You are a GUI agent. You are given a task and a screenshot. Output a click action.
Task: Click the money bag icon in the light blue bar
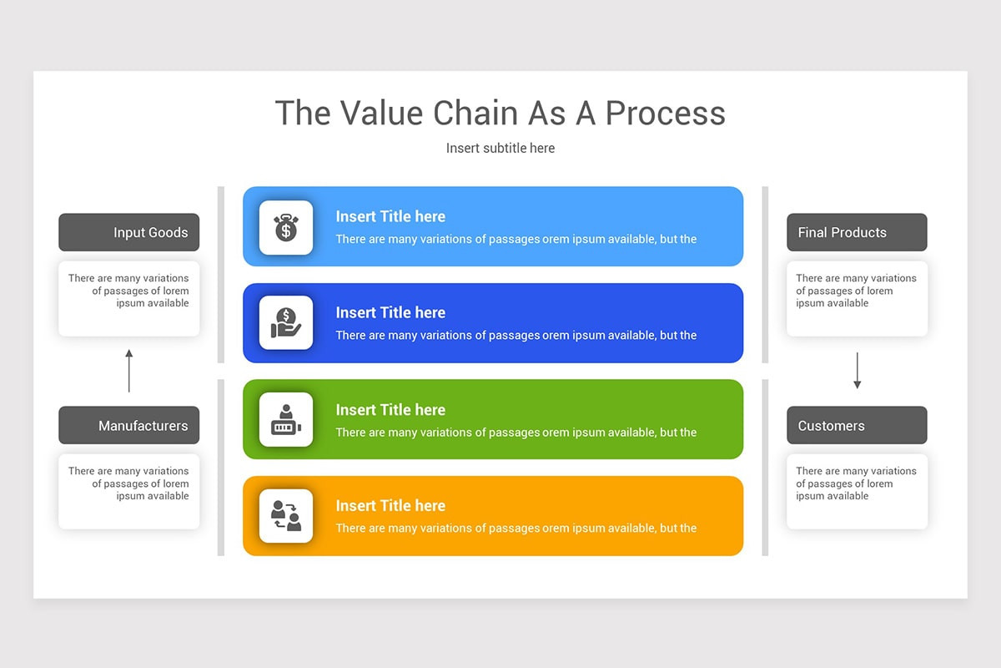pyautogui.click(x=286, y=227)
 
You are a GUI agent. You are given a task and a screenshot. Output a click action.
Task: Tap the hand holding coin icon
pyautogui.click(x=286, y=323)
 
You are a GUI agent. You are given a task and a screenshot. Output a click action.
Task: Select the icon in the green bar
pyautogui.click(x=286, y=419)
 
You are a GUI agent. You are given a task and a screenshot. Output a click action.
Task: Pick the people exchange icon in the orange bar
pyautogui.click(x=286, y=516)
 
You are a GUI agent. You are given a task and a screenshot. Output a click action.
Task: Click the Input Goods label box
pyautogui.click(x=129, y=232)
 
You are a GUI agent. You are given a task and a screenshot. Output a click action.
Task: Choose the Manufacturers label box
pyautogui.click(x=129, y=426)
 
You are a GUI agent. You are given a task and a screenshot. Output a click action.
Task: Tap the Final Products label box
pyautogui.click(x=857, y=232)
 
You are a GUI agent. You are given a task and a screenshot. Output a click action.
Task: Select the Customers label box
pyautogui.click(x=857, y=426)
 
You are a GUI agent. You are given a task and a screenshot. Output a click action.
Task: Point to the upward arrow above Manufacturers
pyautogui.click(x=129, y=371)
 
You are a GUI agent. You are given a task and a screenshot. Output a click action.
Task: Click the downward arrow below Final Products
pyautogui.click(x=857, y=371)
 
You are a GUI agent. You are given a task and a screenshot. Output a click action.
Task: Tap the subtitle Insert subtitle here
pyautogui.click(x=500, y=148)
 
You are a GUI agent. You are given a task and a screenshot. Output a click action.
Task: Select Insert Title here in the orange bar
pyautogui.click(x=390, y=505)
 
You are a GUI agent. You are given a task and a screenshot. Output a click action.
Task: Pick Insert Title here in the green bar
pyautogui.click(x=390, y=409)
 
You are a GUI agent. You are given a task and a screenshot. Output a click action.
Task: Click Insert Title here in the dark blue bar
pyautogui.click(x=390, y=312)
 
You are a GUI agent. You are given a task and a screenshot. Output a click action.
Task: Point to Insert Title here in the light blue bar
pyautogui.click(x=390, y=216)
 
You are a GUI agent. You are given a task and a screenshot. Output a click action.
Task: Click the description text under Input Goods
pyautogui.click(x=129, y=291)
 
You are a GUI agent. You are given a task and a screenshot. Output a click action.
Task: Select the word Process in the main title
pyautogui.click(x=665, y=113)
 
